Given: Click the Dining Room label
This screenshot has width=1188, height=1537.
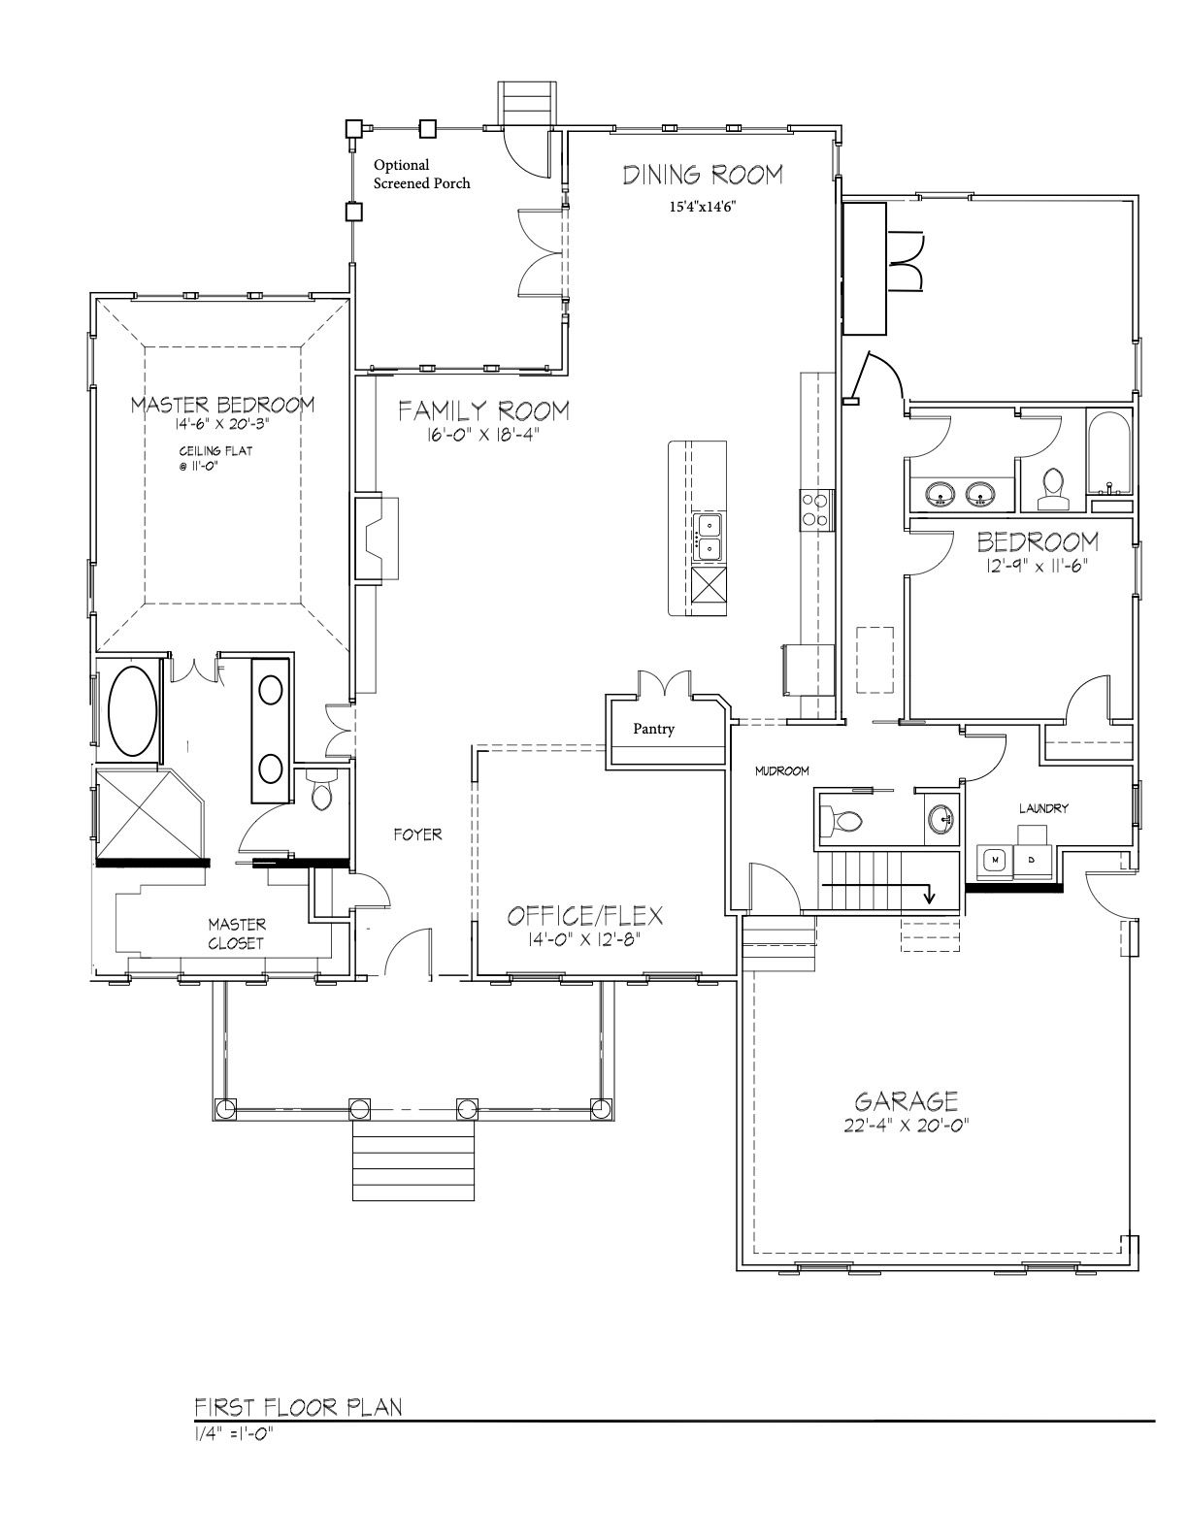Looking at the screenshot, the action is click(703, 175).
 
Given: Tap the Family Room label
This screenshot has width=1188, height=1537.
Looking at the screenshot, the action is click(483, 409).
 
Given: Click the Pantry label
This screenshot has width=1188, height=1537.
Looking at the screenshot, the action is click(653, 729).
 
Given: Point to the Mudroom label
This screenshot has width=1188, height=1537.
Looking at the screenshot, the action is click(781, 771).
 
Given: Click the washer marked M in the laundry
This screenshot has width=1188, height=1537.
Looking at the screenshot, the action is click(995, 860).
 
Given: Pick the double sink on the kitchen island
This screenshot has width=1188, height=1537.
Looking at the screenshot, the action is click(709, 537).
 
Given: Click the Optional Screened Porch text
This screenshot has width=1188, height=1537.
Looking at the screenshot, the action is click(421, 174).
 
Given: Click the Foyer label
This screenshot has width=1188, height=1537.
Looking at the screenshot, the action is click(417, 834).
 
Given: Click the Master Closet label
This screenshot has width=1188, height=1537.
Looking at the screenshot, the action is click(236, 933).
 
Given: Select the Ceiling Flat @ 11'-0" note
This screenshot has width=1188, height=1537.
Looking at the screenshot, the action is click(215, 458).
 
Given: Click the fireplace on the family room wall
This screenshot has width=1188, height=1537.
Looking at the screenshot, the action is click(377, 539).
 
